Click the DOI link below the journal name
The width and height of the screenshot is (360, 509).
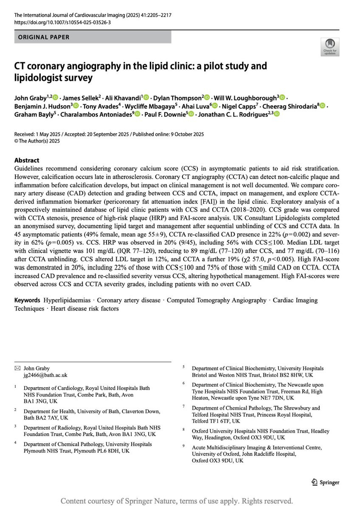pos(63,22)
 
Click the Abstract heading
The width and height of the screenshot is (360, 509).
pos(27,160)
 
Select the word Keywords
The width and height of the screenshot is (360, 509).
pos(28,300)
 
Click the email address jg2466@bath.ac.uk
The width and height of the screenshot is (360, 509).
pos(45,375)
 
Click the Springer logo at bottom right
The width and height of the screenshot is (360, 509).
pos(326,482)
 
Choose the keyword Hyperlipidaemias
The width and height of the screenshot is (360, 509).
pos(67,300)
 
